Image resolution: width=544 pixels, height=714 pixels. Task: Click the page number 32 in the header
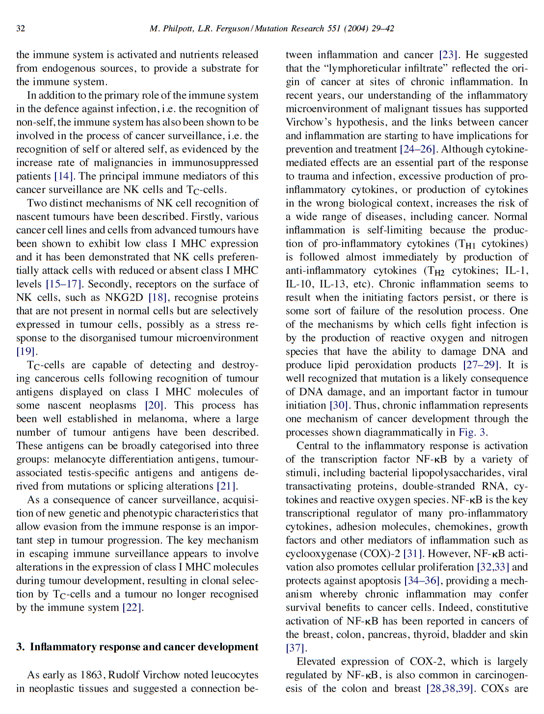point(21,28)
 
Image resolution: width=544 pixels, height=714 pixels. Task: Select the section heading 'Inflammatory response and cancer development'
point(144,647)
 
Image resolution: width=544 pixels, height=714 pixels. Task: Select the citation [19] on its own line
point(27,352)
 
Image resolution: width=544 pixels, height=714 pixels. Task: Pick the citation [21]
point(227,486)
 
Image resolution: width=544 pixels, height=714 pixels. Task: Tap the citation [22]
point(133,607)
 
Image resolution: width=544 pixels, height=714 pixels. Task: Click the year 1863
point(93,675)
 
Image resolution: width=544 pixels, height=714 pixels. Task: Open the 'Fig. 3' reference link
point(472,433)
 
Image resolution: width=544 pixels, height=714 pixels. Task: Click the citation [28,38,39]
point(450,688)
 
